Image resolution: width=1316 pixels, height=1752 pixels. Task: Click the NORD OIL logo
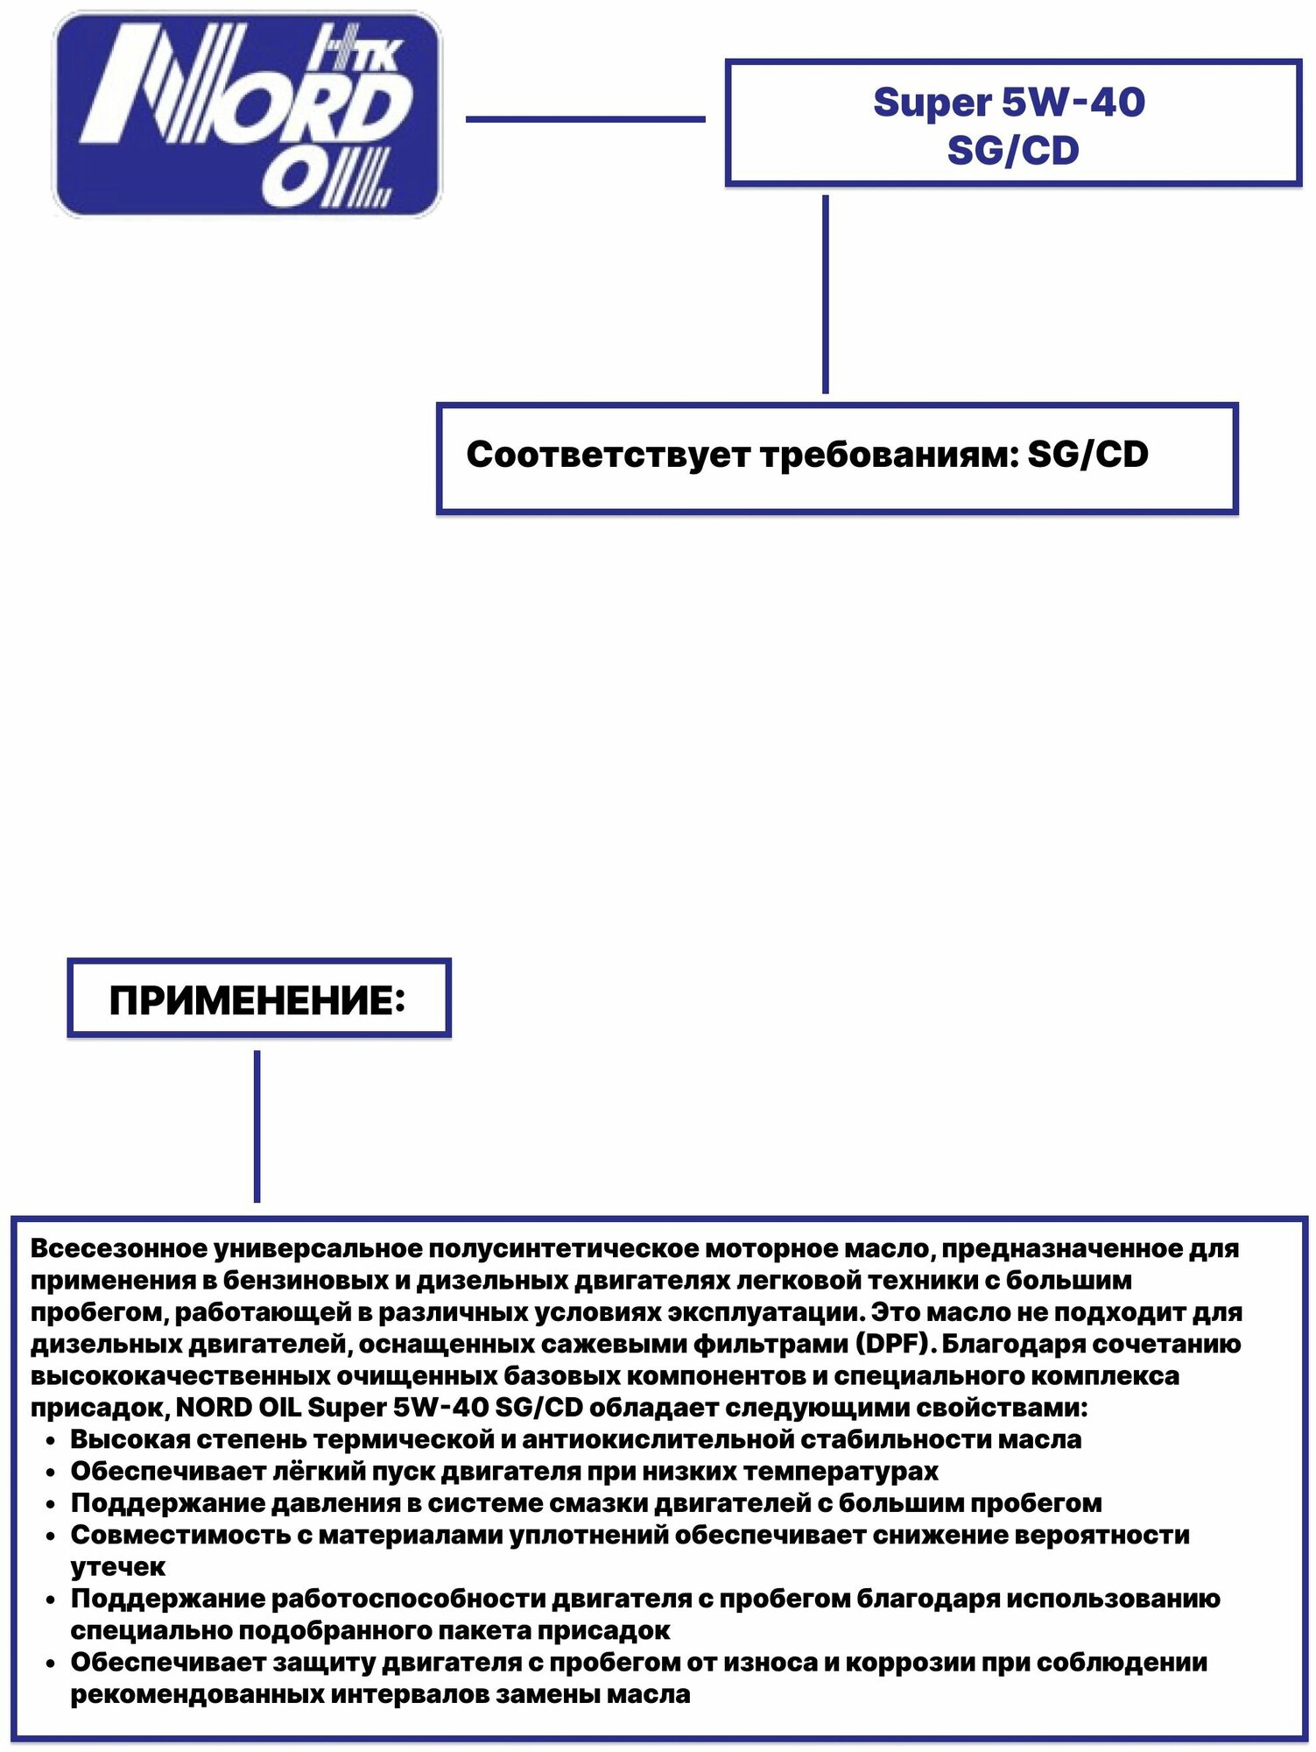248,114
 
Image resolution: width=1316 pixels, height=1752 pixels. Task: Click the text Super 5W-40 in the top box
1009,102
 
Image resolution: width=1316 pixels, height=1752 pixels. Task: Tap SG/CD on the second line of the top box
1013,151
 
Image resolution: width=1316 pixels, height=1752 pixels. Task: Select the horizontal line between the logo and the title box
585,119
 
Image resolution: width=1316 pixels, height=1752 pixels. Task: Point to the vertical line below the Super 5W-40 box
825,293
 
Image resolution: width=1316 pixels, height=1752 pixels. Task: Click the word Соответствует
609,455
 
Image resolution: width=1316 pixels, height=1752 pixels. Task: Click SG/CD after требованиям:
1087,455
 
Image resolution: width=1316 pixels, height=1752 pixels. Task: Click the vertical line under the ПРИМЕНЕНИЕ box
257,1126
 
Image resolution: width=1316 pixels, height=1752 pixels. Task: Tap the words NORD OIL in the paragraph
238,1408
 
